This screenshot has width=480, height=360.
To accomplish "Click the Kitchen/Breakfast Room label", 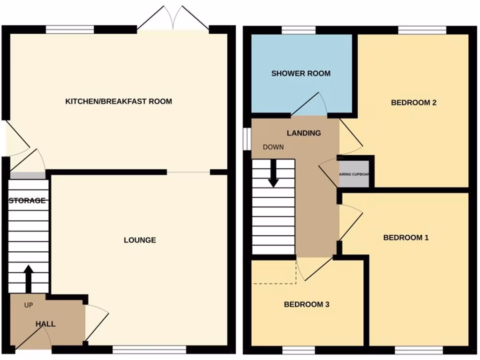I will pos(118,101).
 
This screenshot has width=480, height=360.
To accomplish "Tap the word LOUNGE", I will pos(140,240).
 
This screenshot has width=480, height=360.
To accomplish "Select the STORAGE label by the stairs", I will pos(28,201).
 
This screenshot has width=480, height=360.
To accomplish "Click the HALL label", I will pos(45,324).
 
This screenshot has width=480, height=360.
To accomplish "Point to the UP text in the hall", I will pos(29,305).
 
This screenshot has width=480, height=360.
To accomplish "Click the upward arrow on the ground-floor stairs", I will pos(28,278).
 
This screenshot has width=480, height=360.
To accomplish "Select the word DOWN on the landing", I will pos(273,147).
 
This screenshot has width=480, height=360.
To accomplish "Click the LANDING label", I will pos(304,133).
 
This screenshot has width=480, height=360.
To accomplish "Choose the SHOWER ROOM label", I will pos(300,73).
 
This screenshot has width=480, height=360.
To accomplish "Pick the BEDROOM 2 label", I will pos(413,102).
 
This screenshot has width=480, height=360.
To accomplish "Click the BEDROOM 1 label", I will pos(406,237).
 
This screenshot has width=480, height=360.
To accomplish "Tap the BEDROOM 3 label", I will pos(307,304).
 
